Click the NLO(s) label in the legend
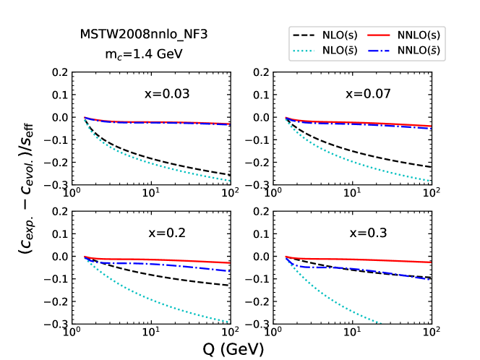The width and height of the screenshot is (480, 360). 340,35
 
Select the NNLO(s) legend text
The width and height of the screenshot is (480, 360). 419,35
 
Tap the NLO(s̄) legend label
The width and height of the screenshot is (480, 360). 340,51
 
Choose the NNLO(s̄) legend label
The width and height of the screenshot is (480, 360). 419,51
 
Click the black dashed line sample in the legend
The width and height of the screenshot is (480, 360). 304,35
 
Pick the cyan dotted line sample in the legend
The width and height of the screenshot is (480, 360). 304,51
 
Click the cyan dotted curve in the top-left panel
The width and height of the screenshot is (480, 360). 145,160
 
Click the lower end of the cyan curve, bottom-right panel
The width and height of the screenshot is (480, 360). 380,322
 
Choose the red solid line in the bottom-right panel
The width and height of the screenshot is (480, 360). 361,260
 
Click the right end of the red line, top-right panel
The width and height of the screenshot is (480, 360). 431,126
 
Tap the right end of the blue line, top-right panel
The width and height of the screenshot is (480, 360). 431,129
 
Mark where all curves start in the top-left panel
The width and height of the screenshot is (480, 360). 85,117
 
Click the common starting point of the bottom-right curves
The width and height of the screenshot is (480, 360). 286,256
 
